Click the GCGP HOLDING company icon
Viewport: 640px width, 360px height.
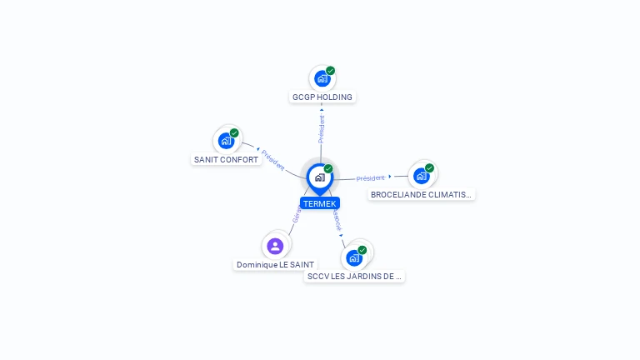(322, 79)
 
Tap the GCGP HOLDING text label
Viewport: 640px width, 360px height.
(322, 97)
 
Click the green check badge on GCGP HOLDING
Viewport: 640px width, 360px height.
(331, 71)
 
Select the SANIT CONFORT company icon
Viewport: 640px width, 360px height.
(225, 141)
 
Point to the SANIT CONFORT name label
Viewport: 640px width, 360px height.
(226, 159)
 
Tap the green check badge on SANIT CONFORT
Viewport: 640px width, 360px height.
(234, 133)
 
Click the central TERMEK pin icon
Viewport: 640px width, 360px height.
(319, 177)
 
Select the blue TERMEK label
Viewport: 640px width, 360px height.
(320, 203)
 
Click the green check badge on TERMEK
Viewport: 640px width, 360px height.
(328, 169)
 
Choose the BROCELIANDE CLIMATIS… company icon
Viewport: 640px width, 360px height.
(421, 176)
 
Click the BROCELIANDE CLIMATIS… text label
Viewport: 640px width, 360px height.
(421, 194)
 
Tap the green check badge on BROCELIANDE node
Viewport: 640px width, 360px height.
(430, 168)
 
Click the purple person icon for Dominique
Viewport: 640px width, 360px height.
(275, 246)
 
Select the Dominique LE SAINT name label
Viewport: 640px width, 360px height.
(275, 264)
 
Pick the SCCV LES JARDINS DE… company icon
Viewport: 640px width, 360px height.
(354, 257)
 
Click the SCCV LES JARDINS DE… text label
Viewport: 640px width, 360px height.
(354, 276)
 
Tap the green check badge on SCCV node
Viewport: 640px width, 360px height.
(363, 249)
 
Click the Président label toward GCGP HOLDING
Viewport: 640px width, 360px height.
(322, 128)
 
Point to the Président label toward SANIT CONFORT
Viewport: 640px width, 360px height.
(272, 160)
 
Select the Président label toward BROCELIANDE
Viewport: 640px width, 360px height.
(371, 178)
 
